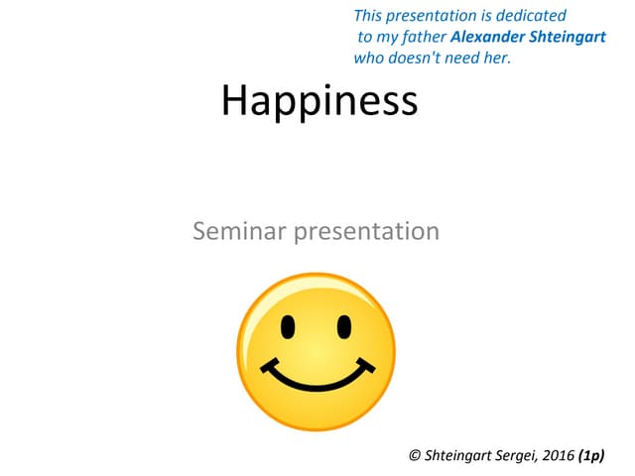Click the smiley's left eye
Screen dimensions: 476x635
tap(288, 325)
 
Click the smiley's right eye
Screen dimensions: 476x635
tap(343, 325)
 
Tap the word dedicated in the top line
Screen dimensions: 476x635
tap(533, 16)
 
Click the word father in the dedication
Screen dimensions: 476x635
tap(422, 37)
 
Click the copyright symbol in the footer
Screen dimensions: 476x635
tap(415, 455)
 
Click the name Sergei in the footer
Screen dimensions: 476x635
tap(520, 455)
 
